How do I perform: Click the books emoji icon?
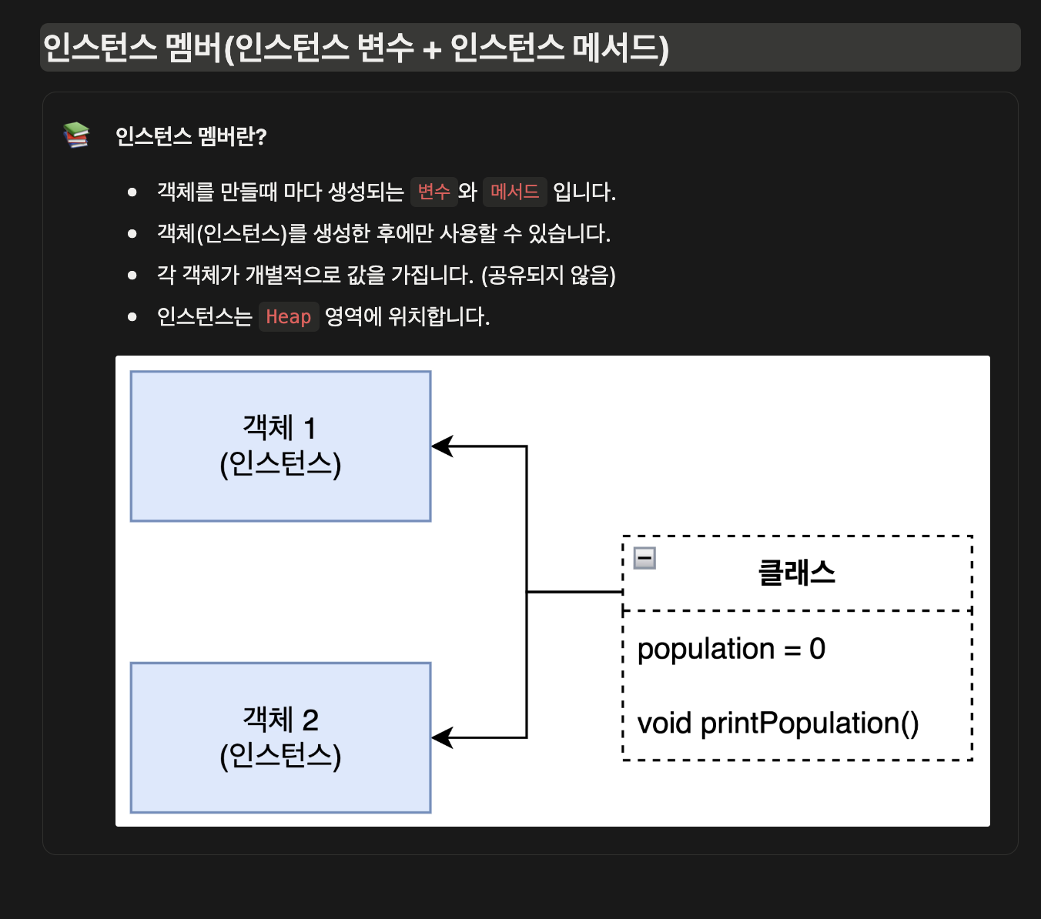click(76, 135)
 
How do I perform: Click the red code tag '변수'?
click(434, 192)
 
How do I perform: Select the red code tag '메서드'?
click(514, 192)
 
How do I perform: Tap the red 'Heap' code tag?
click(288, 316)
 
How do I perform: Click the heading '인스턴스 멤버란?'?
click(191, 136)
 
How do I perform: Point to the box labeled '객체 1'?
click(280, 446)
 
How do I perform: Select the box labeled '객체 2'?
click(280, 737)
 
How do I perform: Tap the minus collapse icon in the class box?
click(644, 558)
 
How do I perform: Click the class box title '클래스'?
click(796, 573)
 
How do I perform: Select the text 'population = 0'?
click(731, 649)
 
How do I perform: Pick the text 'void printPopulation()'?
click(778, 724)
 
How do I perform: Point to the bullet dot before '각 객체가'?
click(132, 275)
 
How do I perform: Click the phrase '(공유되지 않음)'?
click(548, 275)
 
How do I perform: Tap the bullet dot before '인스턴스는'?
click(132, 316)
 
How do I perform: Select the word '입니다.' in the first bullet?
click(584, 192)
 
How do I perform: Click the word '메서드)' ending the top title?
click(621, 48)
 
